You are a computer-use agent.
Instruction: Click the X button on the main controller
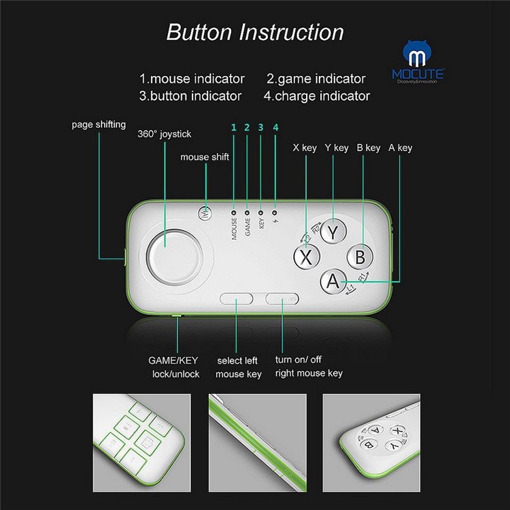306,257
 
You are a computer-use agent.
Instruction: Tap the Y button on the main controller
333,231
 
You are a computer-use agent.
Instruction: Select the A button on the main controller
333,281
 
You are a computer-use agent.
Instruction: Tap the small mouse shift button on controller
205,213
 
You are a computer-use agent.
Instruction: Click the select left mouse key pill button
237,299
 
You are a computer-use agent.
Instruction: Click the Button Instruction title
255,32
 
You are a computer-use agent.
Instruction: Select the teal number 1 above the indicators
233,127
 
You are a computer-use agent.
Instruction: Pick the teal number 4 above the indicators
275,127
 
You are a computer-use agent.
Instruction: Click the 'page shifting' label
99,124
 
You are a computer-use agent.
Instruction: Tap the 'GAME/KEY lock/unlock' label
175,367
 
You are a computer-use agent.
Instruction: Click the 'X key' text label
305,147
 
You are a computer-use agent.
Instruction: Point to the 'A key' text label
400,147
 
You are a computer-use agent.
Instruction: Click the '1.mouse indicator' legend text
192,79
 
